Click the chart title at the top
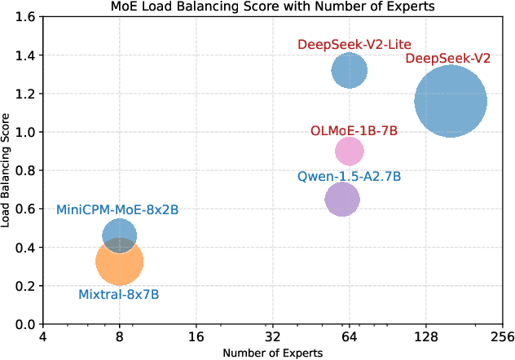[272, 7]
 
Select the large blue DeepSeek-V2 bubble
[451, 101]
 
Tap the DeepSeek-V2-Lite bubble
[350, 70]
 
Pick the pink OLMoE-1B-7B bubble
[350, 150]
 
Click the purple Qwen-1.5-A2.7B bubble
[341, 199]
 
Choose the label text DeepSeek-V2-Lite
[354, 44]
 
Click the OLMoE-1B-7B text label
[353, 131]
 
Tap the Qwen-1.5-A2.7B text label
[349, 176]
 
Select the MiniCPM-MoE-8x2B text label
[117, 210]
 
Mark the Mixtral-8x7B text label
[118, 294]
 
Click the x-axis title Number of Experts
[272, 353]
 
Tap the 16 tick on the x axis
[196, 336]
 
